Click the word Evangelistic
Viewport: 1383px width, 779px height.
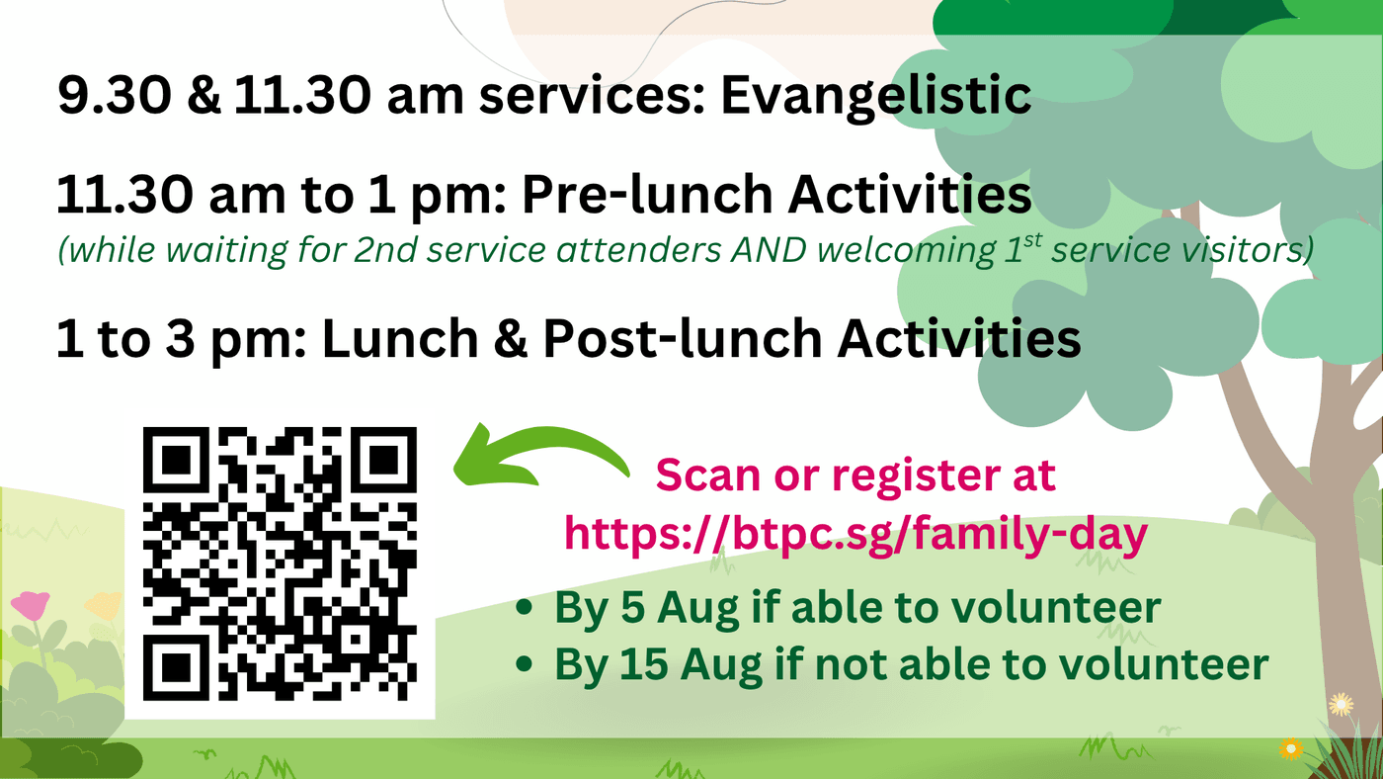click(876, 96)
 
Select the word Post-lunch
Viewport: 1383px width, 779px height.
click(683, 338)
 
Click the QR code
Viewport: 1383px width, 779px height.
click(280, 564)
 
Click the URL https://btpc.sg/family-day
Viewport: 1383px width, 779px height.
click(855, 535)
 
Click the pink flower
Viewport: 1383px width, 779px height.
click(31, 605)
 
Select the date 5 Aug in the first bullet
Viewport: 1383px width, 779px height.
click(680, 608)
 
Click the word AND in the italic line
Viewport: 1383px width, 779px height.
click(769, 250)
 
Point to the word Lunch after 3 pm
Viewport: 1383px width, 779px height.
click(400, 338)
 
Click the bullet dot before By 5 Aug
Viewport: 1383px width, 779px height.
click(525, 607)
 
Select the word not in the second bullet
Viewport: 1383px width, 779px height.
click(851, 665)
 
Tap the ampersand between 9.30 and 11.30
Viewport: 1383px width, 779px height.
click(203, 96)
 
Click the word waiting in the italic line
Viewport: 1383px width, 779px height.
click(225, 251)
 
